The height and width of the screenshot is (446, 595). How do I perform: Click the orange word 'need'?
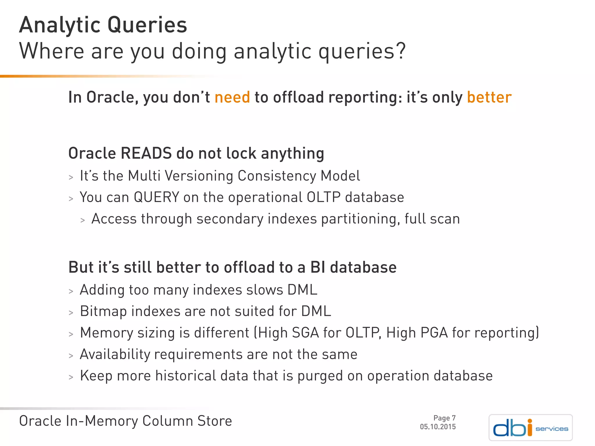coord(232,97)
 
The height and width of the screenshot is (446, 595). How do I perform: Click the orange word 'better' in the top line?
coord(489,97)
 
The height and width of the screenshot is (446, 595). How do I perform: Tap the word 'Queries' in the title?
coord(147,26)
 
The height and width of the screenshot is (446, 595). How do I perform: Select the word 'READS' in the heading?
coord(146,153)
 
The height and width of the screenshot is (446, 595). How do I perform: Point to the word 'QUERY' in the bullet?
coord(156,197)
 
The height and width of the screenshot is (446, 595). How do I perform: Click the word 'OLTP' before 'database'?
coord(323,197)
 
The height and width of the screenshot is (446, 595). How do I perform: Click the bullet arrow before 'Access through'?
coord(83,220)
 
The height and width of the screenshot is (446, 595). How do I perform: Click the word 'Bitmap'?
coord(103,311)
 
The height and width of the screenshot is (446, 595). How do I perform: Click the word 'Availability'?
coord(114,355)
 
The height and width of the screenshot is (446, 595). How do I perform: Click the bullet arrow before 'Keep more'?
coord(71,377)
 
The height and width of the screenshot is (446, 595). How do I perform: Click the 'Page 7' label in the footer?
coord(444,418)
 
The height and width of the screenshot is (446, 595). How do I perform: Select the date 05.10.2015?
coord(438,427)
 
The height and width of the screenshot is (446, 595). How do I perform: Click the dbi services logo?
coord(531,428)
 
